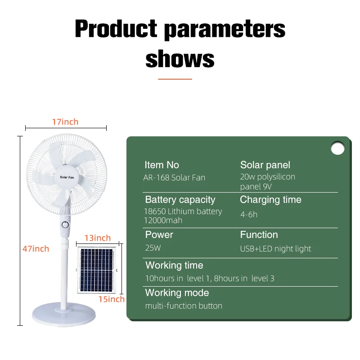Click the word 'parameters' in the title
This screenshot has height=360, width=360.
pyautogui.click(x=225, y=30)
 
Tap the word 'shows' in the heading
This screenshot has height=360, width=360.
pyautogui.click(x=180, y=58)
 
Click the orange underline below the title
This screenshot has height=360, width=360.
pyautogui.click(x=175, y=79)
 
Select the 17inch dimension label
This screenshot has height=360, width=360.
pyautogui.click(x=65, y=122)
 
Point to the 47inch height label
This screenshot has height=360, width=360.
pyautogui.click(x=36, y=248)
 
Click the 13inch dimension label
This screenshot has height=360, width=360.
pyautogui.click(x=98, y=238)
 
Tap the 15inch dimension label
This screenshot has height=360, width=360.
pyautogui.click(x=112, y=299)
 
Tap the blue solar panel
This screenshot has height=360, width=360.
pyautogui.click(x=97, y=270)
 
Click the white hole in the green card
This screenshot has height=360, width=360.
pyautogui.click(x=337, y=148)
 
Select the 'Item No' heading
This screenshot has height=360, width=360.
pyautogui.click(x=162, y=165)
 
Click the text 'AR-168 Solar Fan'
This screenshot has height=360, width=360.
pyautogui.click(x=174, y=178)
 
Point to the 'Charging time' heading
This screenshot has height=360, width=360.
pyautogui.click(x=270, y=200)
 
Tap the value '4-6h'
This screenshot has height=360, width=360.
pyautogui.click(x=248, y=214)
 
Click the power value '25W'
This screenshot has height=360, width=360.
pyautogui.click(x=153, y=248)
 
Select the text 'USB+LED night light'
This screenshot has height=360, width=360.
pyautogui.click(x=275, y=249)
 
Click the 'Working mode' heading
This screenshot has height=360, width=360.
pyautogui.click(x=177, y=293)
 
